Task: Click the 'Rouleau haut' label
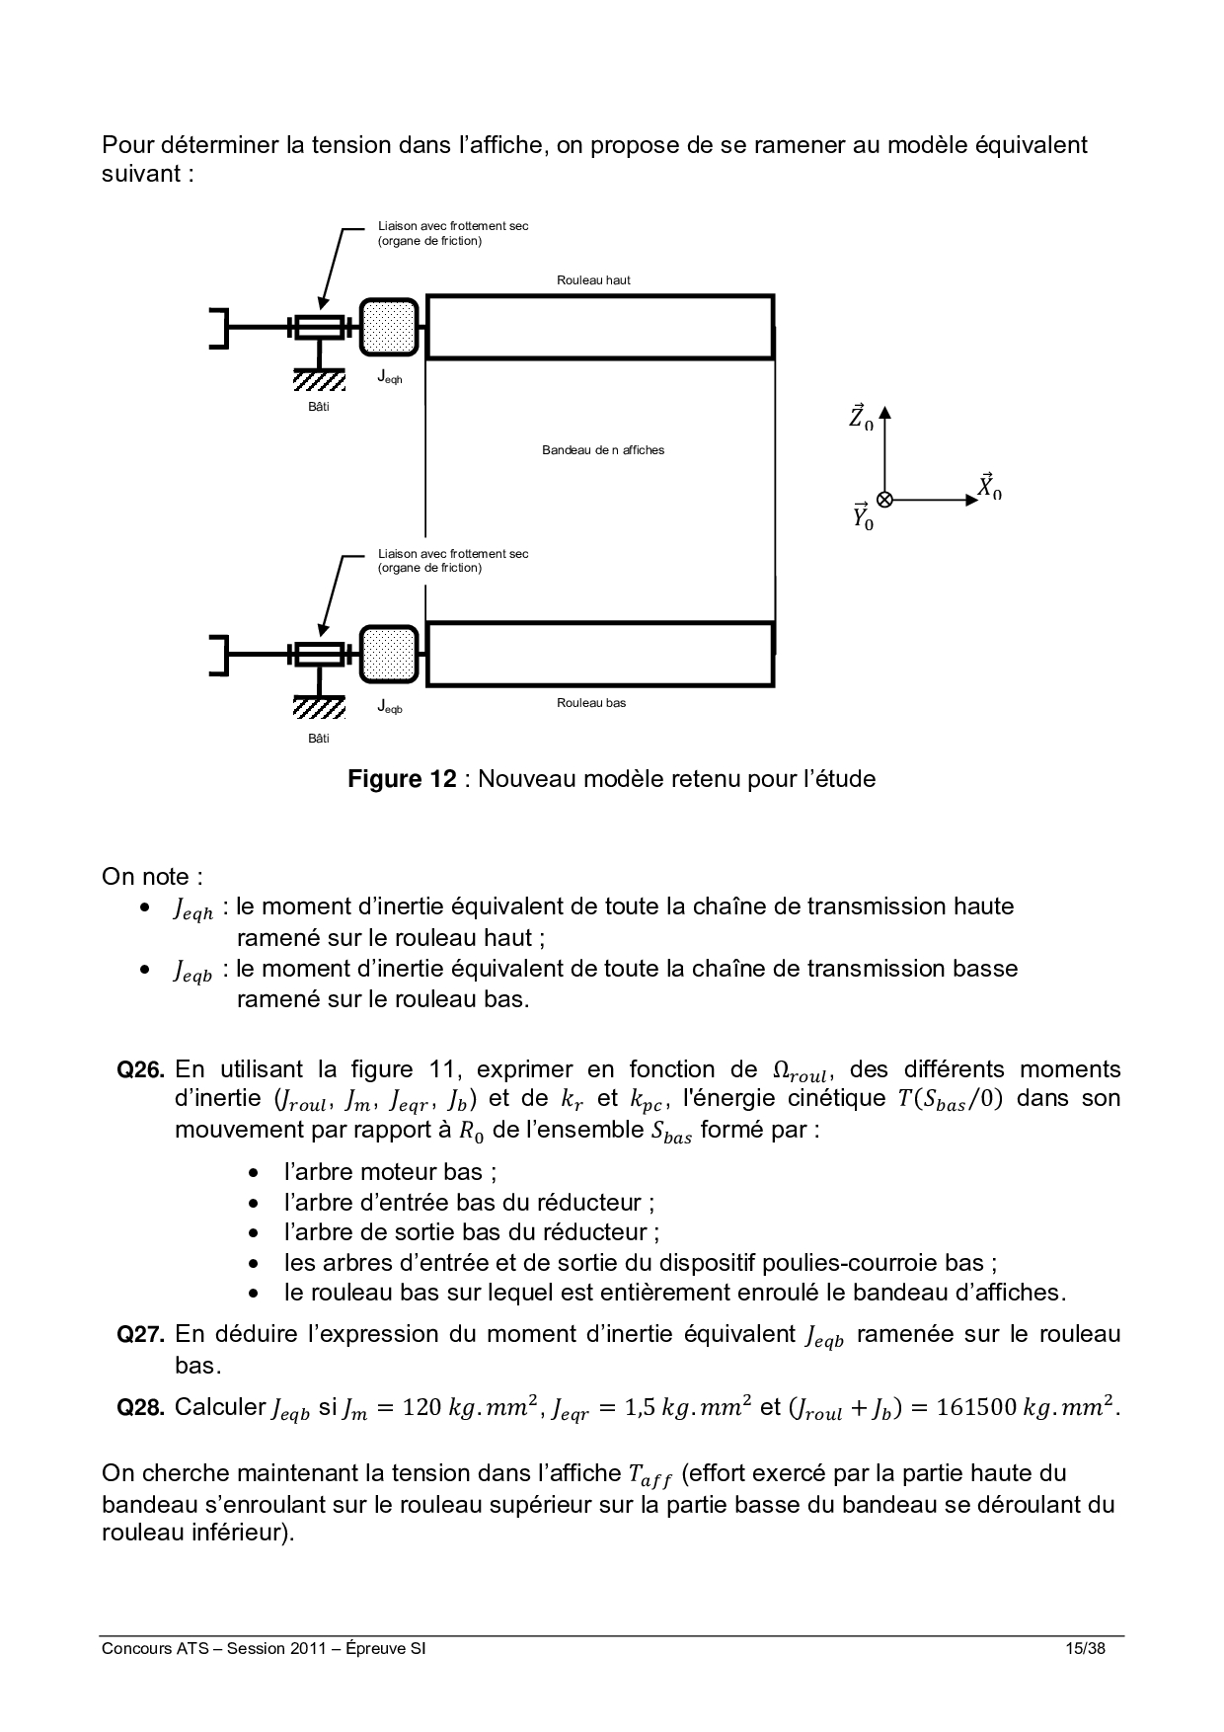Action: pyautogui.click(x=593, y=280)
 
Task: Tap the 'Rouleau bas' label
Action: pyautogui.click(x=591, y=703)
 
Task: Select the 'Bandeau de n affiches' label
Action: pyautogui.click(x=603, y=450)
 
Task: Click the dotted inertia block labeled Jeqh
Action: pyautogui.click(x=389, y=327)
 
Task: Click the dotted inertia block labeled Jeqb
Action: pyautogui.click(x=389, y=654)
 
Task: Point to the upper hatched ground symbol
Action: pyautogui.click(x=319, y=380)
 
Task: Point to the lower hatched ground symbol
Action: pyautogui.click(x=319, y=707)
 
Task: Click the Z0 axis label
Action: pyautogui.click(x=861, y=417)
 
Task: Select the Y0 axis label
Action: pyautogui.click(x=863, y=516)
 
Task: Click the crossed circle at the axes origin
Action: pyautogui.click(x=884, y=500)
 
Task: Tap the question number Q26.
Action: pyautogui.click(x=140, y=1069)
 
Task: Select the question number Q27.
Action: pyautogui.click(x=140, y=1335)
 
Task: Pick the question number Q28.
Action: pyautogui.click(x=140, y=1408)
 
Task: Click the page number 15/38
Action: pyautogui.click(x=1085, y=1648)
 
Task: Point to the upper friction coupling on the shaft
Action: pyautogui.click(x=318, y=327)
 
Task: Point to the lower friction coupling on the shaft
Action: pyautogui.click(x=318, y=654)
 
